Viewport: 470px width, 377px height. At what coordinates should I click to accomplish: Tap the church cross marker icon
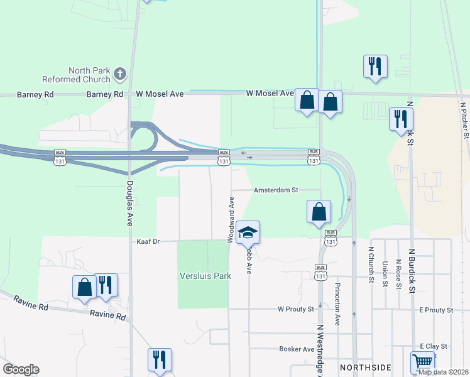119,75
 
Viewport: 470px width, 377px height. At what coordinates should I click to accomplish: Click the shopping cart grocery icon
422,362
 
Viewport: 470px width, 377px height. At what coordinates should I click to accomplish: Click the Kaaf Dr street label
149,241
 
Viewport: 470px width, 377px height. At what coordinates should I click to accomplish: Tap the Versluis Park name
205,276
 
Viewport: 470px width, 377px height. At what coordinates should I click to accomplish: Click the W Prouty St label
296,310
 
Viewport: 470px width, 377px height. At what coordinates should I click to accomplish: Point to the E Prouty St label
435,310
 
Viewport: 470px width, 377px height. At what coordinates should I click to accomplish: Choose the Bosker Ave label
297,349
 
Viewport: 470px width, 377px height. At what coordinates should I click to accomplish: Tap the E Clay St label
434,346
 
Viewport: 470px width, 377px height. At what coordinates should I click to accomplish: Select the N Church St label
371,264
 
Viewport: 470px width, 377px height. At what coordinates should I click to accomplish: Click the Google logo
21,370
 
